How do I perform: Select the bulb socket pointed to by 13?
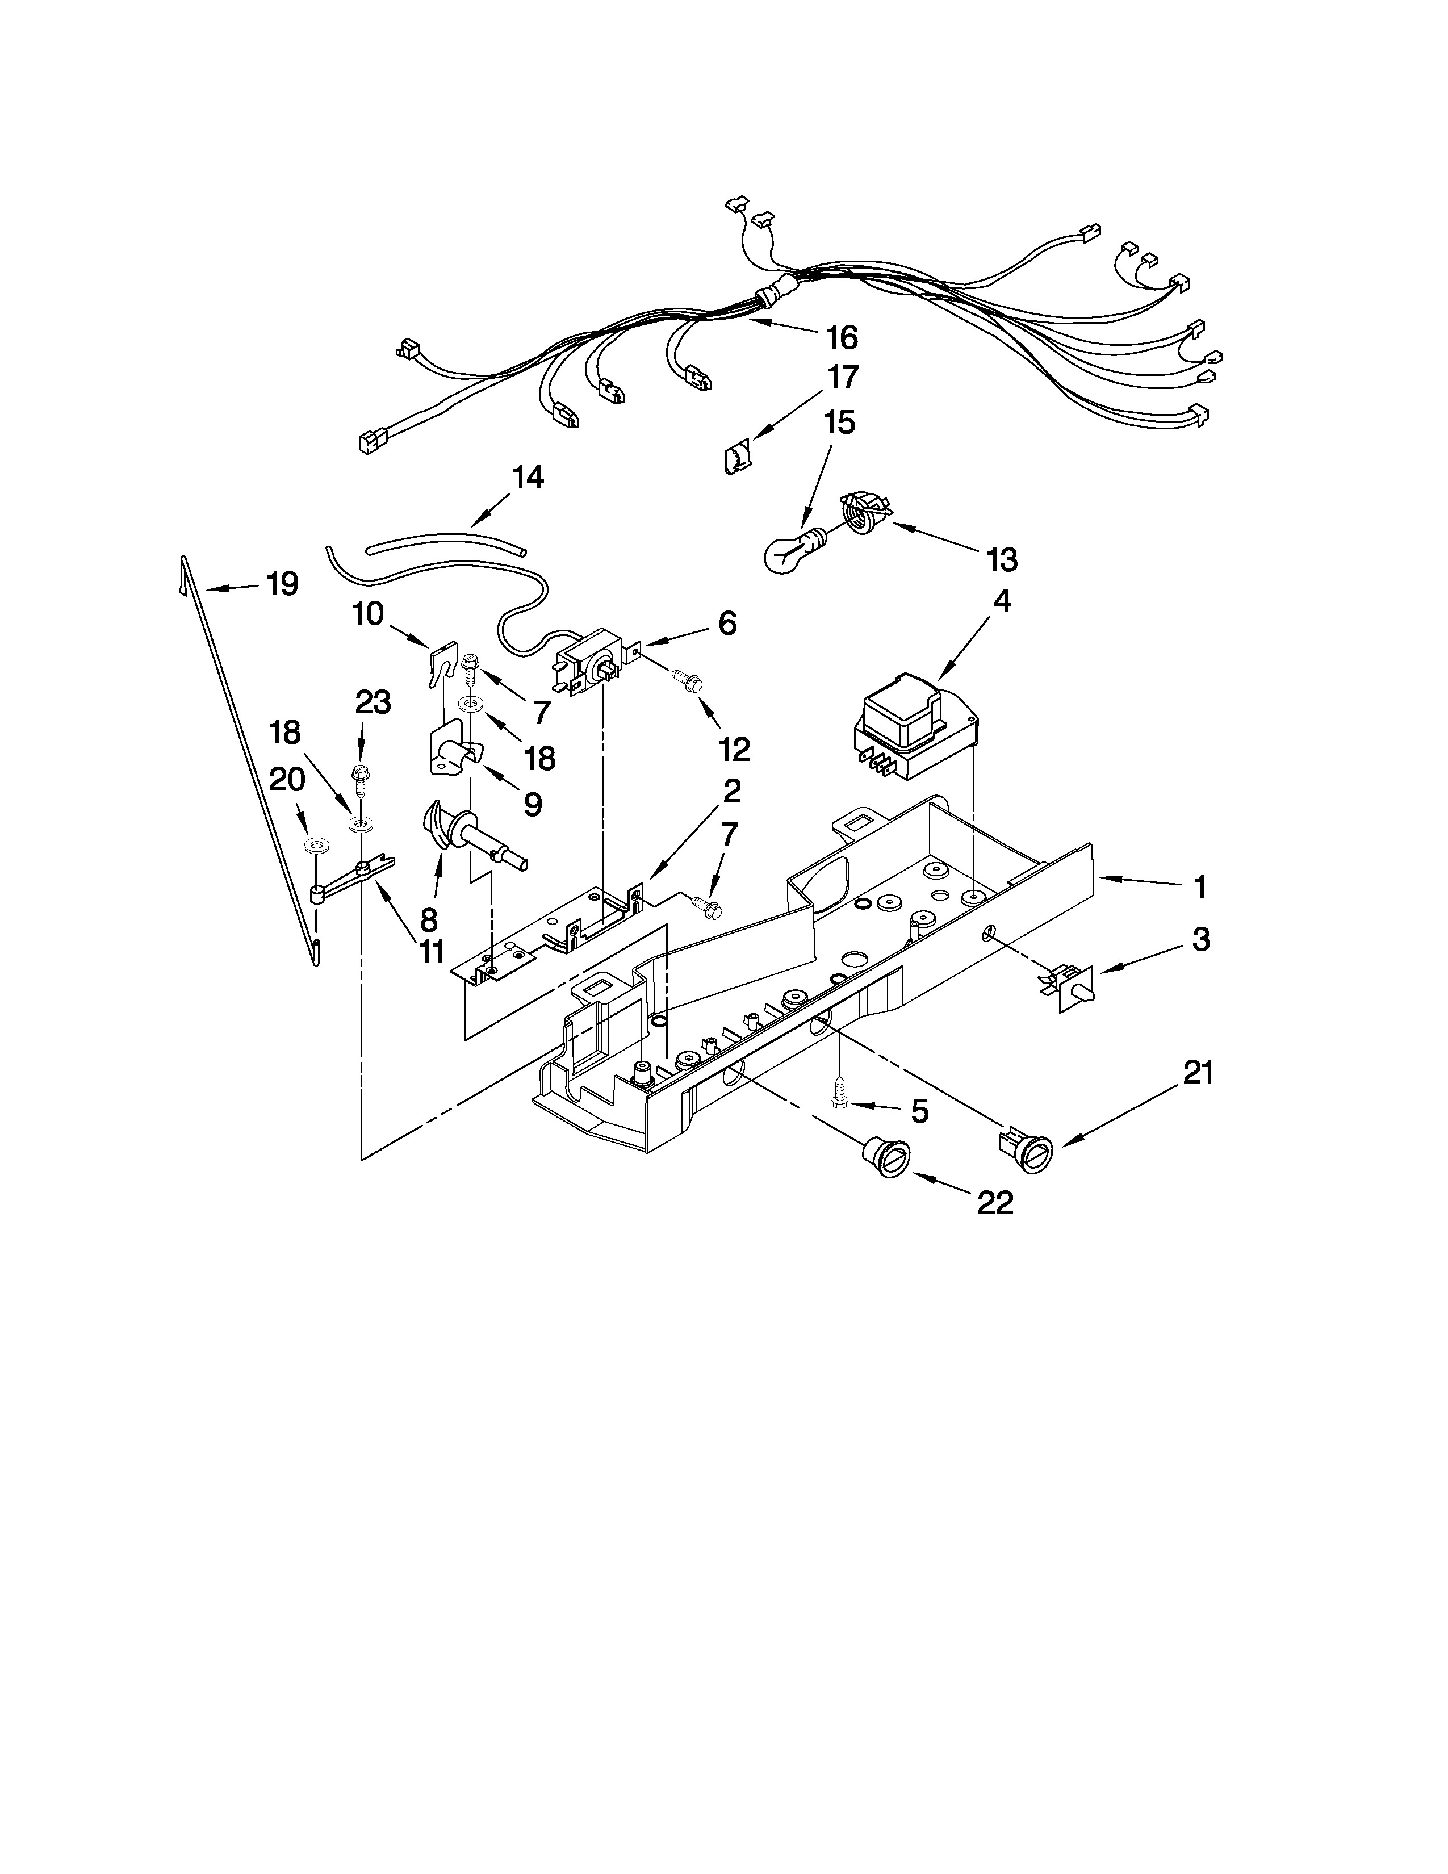(862, 511)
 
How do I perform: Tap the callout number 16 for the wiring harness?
(842, 338)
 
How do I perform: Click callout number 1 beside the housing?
(1200, 887)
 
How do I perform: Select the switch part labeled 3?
(1072, 987)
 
